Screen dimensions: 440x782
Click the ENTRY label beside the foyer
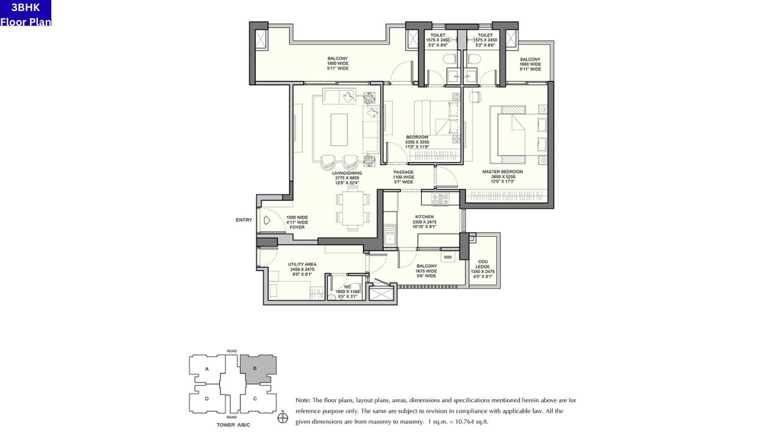(x=244, y=220)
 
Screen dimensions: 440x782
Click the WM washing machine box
(x=448, y=257)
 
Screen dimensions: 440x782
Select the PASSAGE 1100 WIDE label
(x=403, y=177)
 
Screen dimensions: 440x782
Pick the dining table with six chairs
(x=353, y=208)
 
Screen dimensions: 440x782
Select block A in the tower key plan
(x=207, y=369)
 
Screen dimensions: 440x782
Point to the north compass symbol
(x=283, y=418)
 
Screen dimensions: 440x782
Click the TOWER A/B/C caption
(x=233, y=424)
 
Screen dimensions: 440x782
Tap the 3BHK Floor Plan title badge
(x=26, y=13)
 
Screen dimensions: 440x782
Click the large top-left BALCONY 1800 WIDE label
(x=337, y=64)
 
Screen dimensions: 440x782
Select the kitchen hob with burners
(x=440, y=198)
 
